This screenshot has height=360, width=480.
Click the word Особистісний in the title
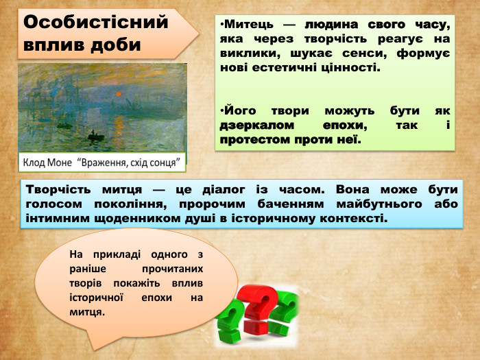tap(96, 22)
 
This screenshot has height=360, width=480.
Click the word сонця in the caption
tap(166, 163)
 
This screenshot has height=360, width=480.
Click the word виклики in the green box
tap(243, 54)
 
